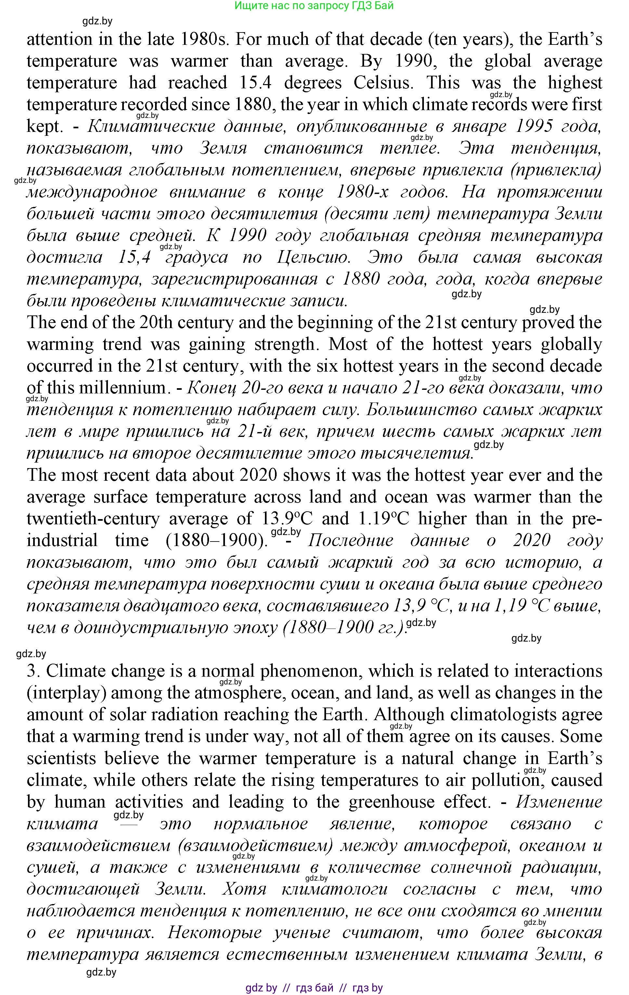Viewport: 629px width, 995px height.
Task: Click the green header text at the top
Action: (x=314, y=6)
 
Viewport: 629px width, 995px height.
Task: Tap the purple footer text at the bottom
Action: (x=314, y=988)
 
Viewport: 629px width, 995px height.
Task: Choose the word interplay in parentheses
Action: (x=66, y=693)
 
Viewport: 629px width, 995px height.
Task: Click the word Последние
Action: (x=351, y=541)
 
